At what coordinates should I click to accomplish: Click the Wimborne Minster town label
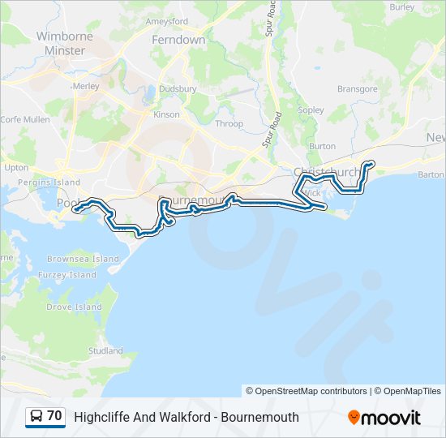[65, 43]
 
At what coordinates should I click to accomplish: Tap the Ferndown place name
[179, 39]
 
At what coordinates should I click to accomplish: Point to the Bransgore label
[358, 89]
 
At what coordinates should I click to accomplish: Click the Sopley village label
[311, 109]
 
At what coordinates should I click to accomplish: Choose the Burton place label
[322, 146]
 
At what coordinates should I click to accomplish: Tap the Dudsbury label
[178, 89]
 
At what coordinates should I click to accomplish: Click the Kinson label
[166, 114]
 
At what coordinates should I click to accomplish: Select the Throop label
[229, 123]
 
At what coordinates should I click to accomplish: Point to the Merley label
[85, 85]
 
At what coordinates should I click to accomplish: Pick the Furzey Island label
[71, 275]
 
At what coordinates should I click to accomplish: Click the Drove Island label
[75, 307]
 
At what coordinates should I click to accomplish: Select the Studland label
[105, 351]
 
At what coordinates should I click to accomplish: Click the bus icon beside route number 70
[36, 416]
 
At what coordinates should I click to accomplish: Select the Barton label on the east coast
[431, 174]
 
